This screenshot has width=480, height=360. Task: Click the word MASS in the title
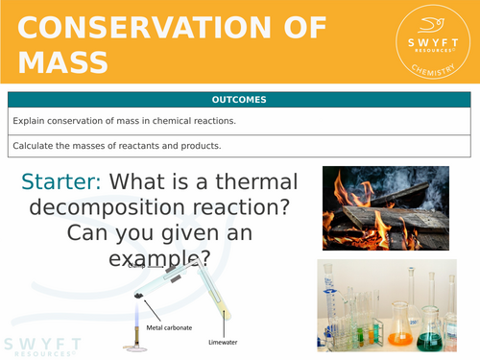(63, 63)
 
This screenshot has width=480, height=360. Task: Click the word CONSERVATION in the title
(172, 28)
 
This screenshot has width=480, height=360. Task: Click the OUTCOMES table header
(240, 99)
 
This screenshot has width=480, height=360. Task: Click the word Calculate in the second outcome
(34, 146)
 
